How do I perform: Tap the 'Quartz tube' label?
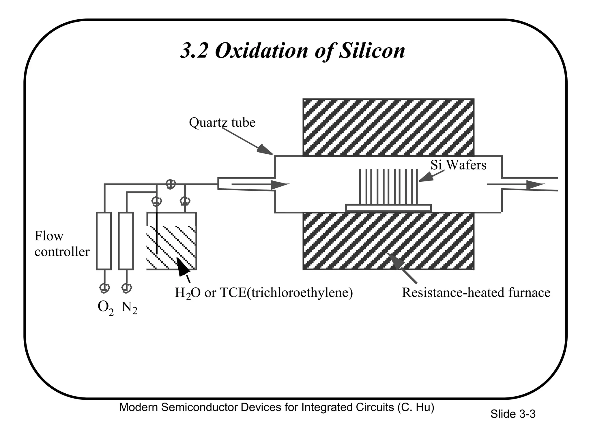click(222, 122)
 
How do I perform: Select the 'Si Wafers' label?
click(458, 165)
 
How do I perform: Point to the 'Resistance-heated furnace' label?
click(476, 292)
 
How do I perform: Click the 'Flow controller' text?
click(62, 244)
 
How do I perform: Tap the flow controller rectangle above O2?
click(104, 241)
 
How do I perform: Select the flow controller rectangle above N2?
click(126, 241)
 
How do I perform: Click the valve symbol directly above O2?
click(104, 288)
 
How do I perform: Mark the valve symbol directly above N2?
click(126, 288)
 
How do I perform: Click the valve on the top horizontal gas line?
click(170, 184)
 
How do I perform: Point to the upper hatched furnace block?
click(388, 127)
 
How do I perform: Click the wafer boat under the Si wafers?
click(388, 208)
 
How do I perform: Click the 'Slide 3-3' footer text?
click(513, 414)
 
